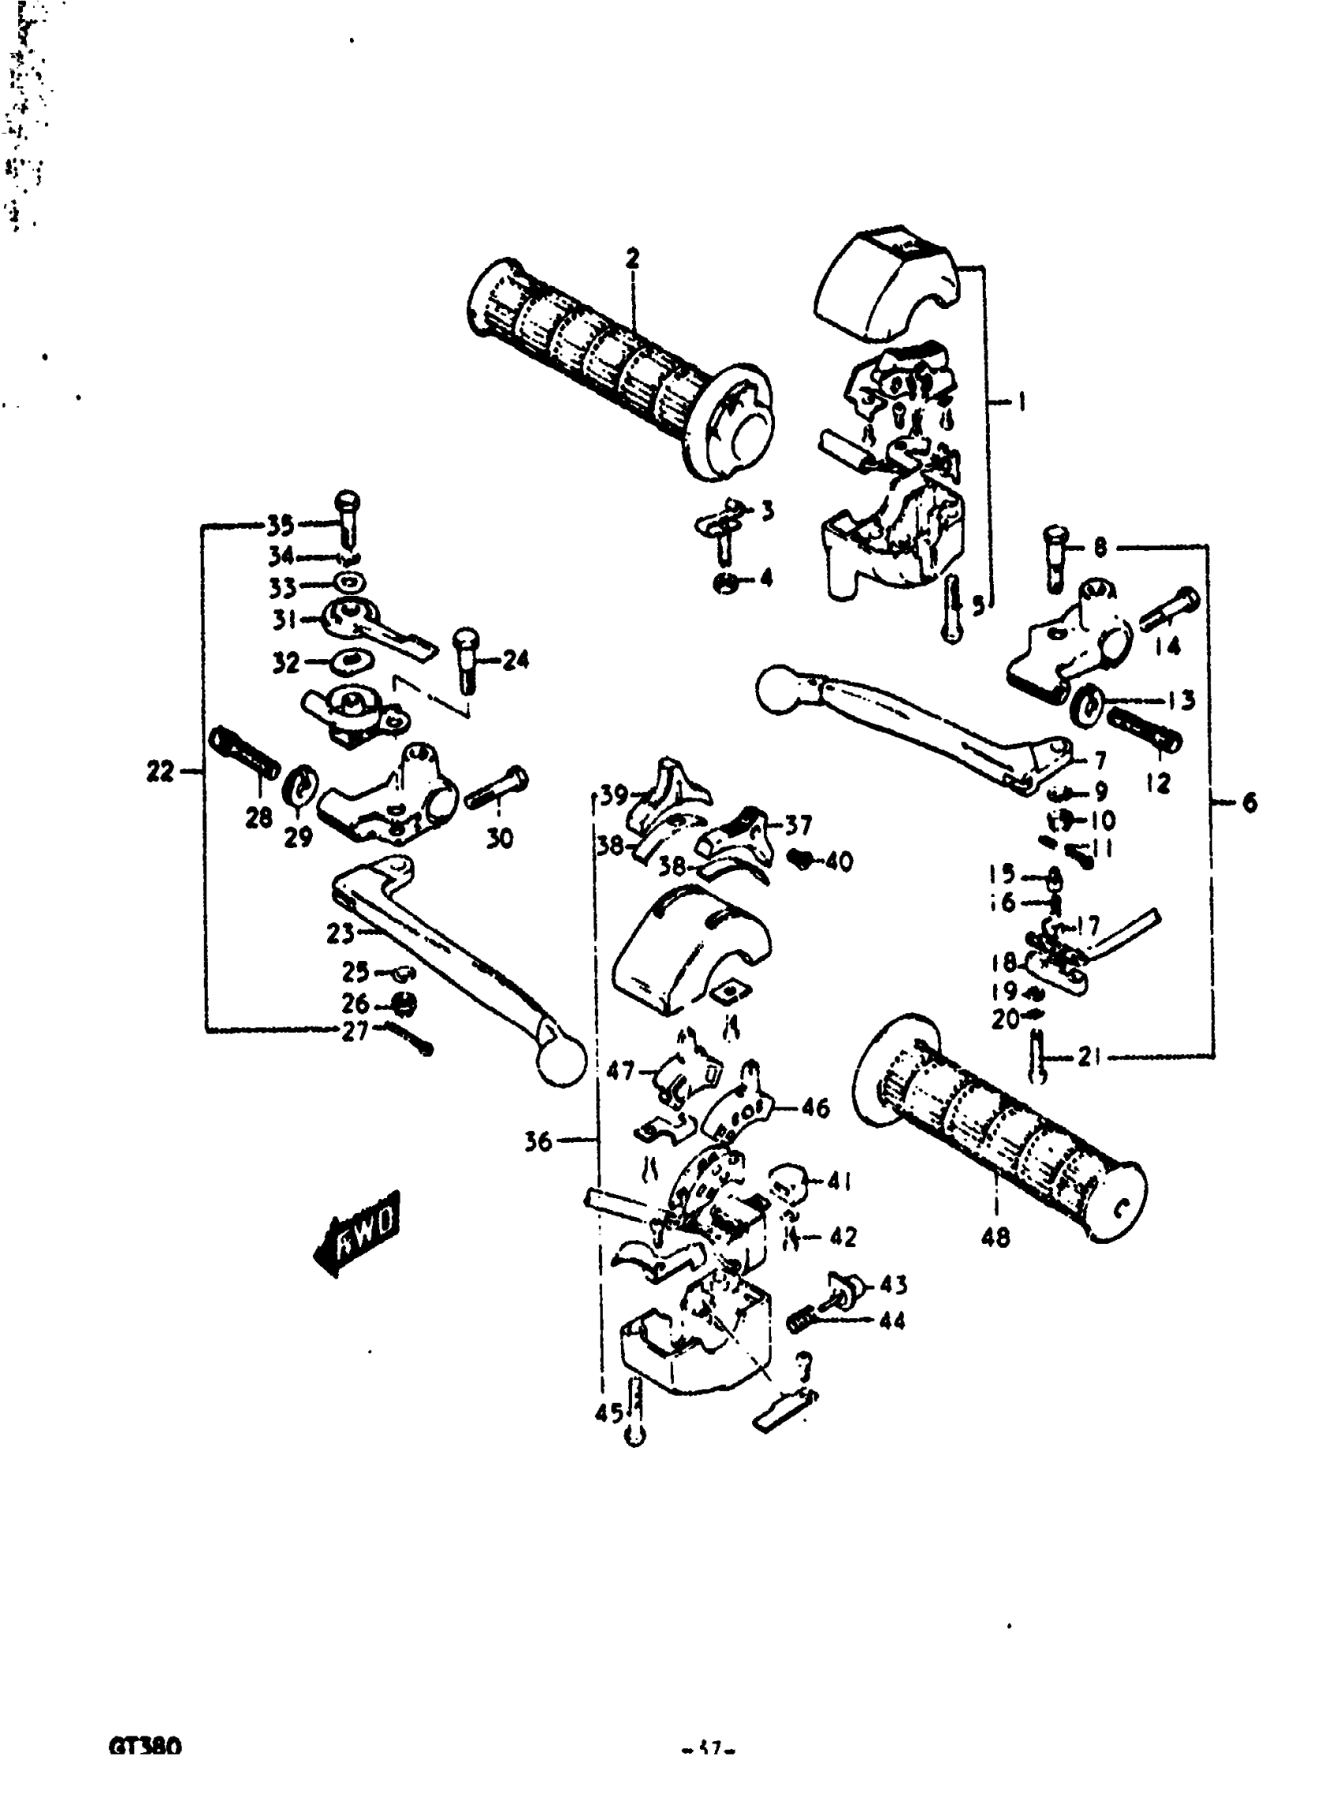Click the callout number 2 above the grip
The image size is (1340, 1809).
(632, 259)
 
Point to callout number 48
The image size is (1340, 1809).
(996, 1237)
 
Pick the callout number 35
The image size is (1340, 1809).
(280, 526)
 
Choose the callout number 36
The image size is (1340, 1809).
(538, 1141)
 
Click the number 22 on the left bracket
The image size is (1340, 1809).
(160, 772)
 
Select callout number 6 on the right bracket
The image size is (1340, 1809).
(1249, 802)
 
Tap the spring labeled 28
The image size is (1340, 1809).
(244, 753)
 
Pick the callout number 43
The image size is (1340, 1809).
(893, 1284)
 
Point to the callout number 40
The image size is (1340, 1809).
(839, 862)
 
